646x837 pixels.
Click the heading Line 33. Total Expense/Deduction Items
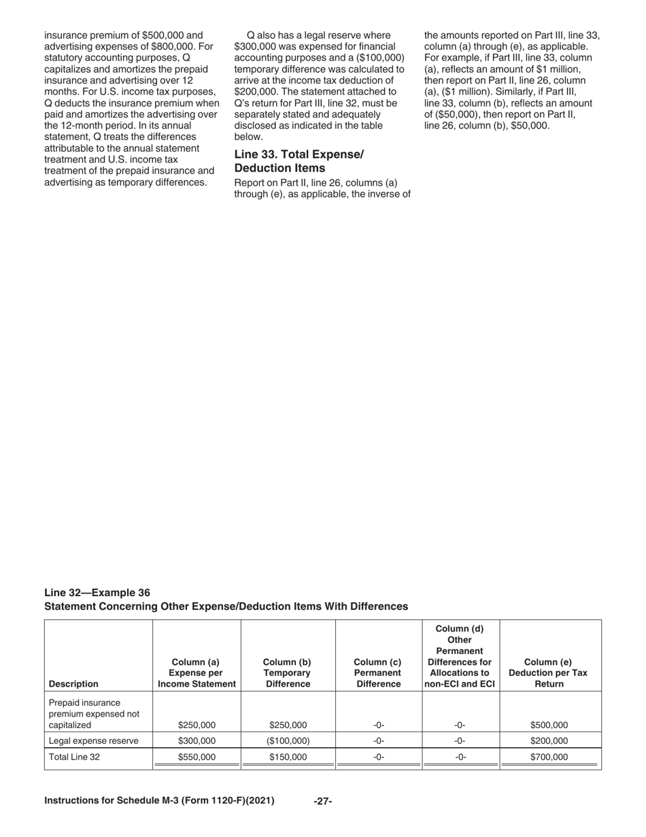pos(299,161)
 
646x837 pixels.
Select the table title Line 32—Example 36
pos(97,592)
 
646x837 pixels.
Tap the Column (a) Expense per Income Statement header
pos(197,672)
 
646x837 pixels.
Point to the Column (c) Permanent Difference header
pos(378,672)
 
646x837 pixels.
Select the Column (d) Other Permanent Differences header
pos(460,656)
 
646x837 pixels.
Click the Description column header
pos(73,684)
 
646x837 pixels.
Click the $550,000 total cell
pos(197,756)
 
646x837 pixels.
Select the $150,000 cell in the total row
pos(288,756)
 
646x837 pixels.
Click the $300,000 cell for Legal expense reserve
pos(197,740)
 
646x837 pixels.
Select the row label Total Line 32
pos(75,756)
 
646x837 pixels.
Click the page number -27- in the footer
pos(322,802)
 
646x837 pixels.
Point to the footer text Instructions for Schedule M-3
pos(159,801)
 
